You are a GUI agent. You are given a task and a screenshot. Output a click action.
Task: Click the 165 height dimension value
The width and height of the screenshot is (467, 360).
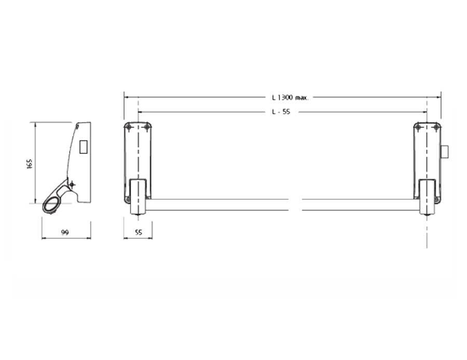tap(30, 164)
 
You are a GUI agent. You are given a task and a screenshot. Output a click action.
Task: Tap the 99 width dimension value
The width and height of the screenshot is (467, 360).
tap(65, 232)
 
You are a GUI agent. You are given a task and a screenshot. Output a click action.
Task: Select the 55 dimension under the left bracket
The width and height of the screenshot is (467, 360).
tap(138, 232)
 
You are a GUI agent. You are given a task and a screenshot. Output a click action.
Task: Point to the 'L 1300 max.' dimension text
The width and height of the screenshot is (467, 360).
tap(290, 97)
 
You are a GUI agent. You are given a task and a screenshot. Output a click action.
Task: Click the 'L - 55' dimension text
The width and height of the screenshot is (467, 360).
tap(281, 112)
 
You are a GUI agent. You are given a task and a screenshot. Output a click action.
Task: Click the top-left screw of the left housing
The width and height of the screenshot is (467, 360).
tap(129, 127)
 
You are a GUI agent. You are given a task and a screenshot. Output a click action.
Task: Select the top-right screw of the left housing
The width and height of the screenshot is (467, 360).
tap(147, 127)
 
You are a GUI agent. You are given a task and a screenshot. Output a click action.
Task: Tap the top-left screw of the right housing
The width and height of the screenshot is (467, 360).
tap(419, 127)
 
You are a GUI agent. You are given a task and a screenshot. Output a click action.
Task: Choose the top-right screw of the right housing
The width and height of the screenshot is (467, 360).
tap(436, 127)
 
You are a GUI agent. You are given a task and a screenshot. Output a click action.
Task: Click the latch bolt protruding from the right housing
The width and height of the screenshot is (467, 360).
tap(444, 152)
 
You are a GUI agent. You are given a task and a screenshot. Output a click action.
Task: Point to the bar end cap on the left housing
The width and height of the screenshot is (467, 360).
tap(138, 197)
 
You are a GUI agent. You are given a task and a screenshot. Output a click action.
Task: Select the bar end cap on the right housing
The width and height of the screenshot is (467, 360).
tap(427, 197)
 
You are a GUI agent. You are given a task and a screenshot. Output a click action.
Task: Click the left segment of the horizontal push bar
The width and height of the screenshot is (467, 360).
tap(218, 204)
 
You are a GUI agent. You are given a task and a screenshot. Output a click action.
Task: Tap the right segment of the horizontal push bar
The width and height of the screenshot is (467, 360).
tap(361, 204)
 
